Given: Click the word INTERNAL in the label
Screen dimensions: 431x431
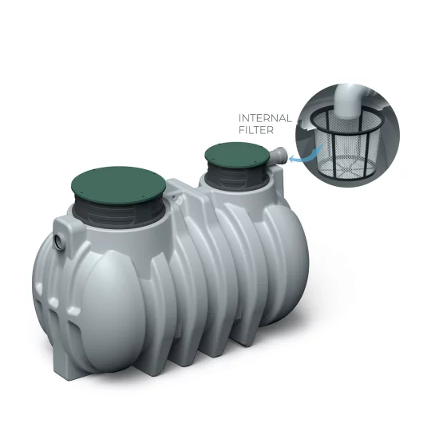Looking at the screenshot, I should coord(261,119).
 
